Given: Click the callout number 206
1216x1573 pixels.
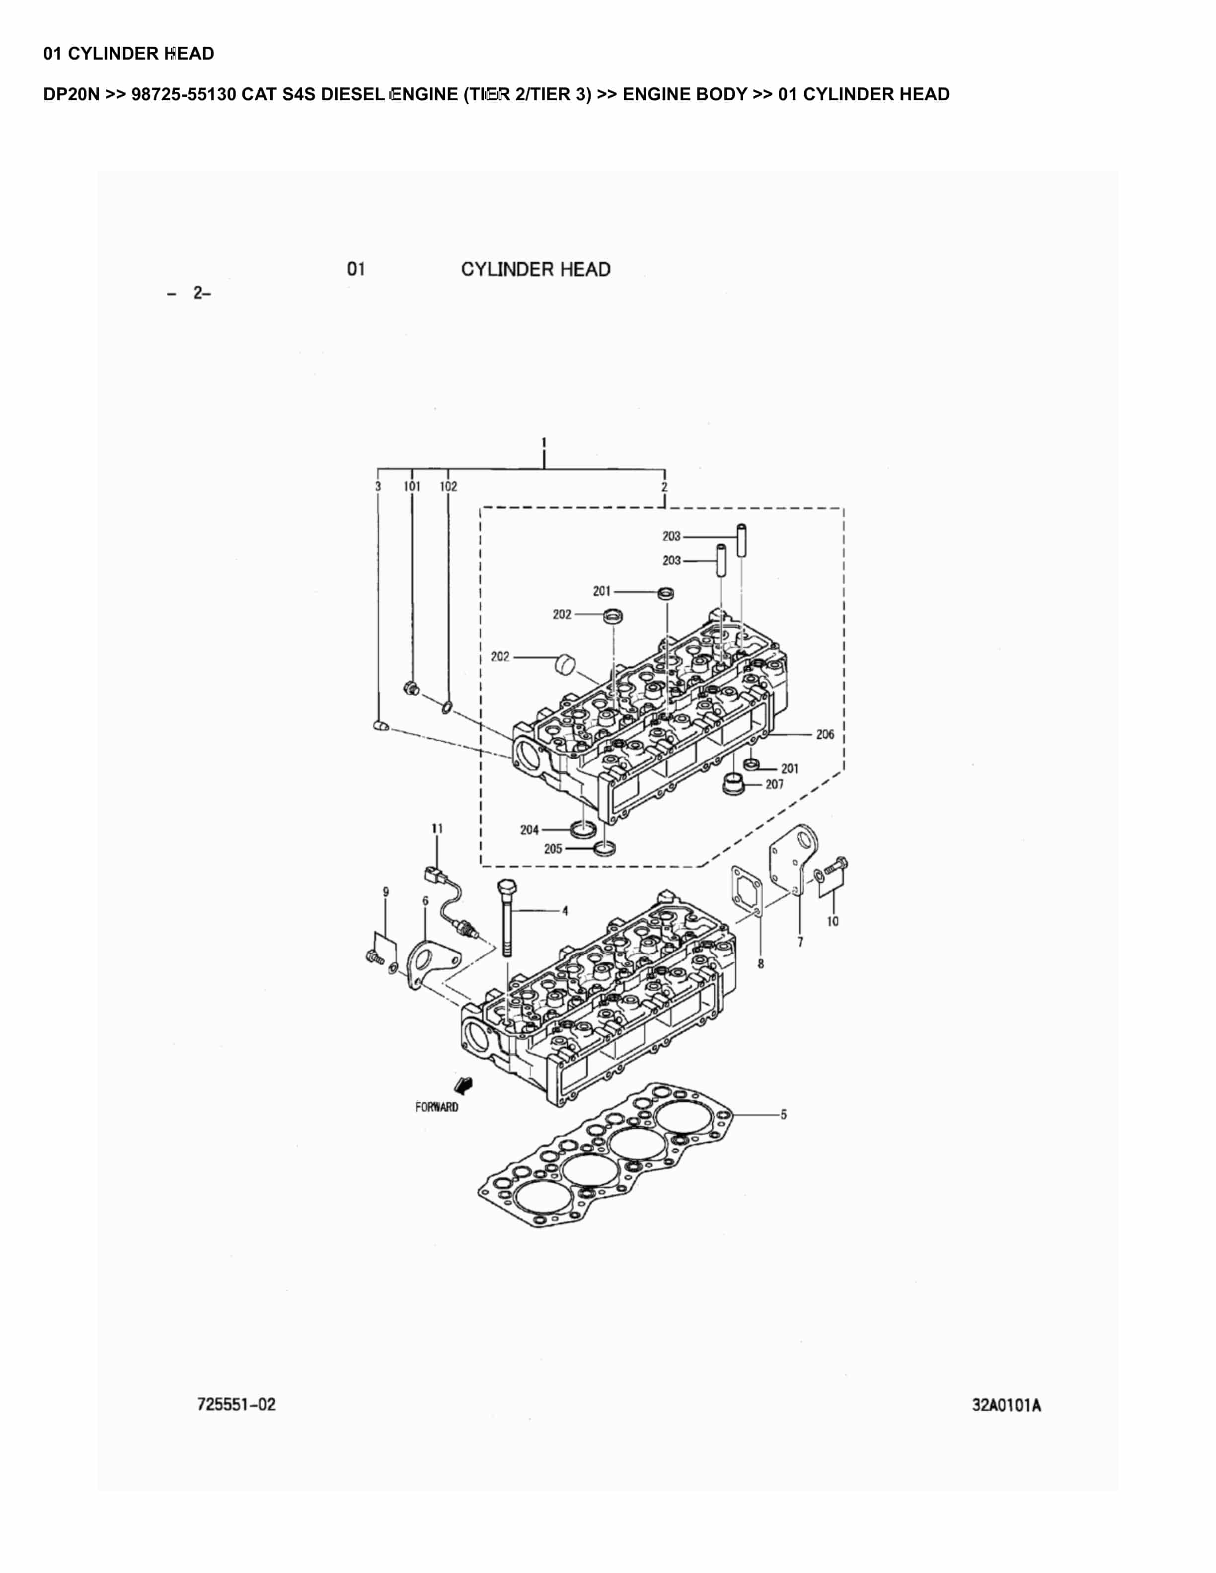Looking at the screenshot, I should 825,735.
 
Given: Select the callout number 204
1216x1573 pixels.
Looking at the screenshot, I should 530,830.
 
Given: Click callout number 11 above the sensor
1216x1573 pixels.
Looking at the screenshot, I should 437,829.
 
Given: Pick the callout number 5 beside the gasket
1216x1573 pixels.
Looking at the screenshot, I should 784,1114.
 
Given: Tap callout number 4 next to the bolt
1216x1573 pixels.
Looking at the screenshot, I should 565,911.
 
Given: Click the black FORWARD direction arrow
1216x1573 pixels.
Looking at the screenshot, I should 464,1085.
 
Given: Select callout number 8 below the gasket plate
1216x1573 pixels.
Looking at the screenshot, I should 760,964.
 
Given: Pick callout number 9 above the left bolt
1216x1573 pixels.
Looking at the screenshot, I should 385,892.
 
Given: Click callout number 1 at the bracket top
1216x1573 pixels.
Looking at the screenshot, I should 544,442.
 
